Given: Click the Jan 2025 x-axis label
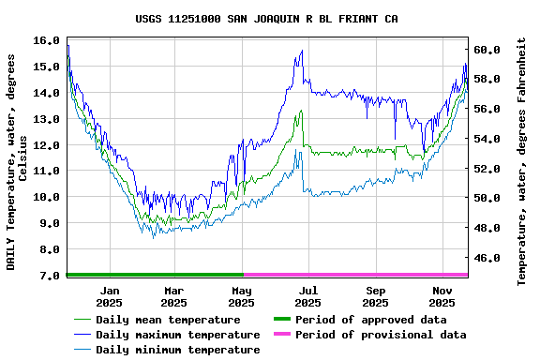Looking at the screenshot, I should pyautogui.click(x=109, y=296).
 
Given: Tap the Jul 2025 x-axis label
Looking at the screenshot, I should pyautogui.click(x=308, y=296).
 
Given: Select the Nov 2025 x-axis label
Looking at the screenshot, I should pyautogui.click(x=442, y=296).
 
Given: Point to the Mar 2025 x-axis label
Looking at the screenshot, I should pyautogui.click(x=173, y=296).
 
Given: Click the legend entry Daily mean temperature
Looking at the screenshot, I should pyautogui.click(x=168, y=320).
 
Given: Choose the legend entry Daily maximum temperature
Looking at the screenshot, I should pyautogui.click(x=177, y=335).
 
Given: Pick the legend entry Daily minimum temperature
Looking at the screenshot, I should pyautogui.click(x=177, y=350).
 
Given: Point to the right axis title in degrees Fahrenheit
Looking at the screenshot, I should pyautogui.click(x=522, y=161).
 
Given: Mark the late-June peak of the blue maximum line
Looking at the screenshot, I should pyautogui.click(x=302, y=51).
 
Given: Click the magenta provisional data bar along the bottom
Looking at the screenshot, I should pyautogui.click(x=356, y=275).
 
